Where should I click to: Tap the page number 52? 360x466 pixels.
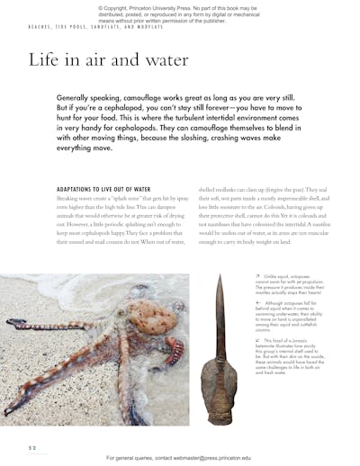click(32, 445)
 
